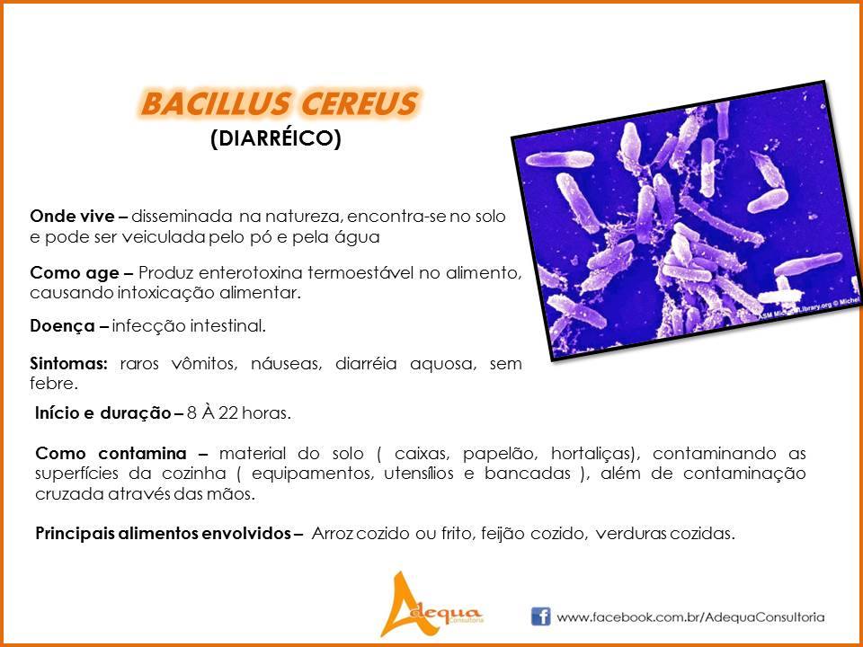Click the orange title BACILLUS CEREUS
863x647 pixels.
tap(279, 102)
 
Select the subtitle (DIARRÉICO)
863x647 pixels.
tap(276, 138)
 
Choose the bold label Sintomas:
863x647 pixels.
tap(68, 364)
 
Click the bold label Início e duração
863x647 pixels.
tap(102, 413)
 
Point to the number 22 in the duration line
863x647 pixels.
tap(227, 413)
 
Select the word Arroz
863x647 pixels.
tap(334, 534)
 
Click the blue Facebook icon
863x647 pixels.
tap(540, 616)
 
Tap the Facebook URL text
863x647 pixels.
tap(690, 617)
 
